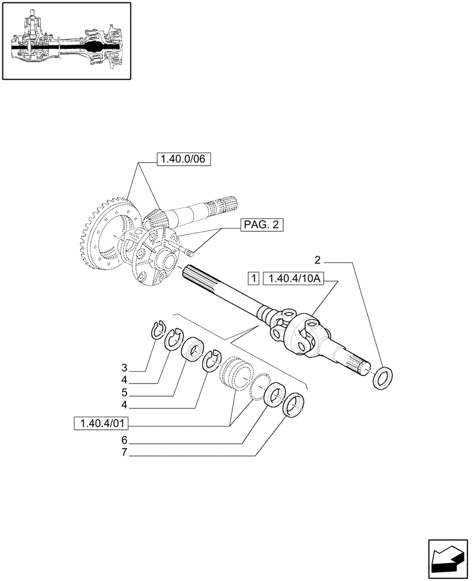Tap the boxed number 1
click(x=253, y=278)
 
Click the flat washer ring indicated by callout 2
click(x=383, y=378)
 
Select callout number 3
click(x=124, y=368)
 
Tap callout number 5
click(x=124, y=391)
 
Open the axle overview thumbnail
click(x=66, y=40)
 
